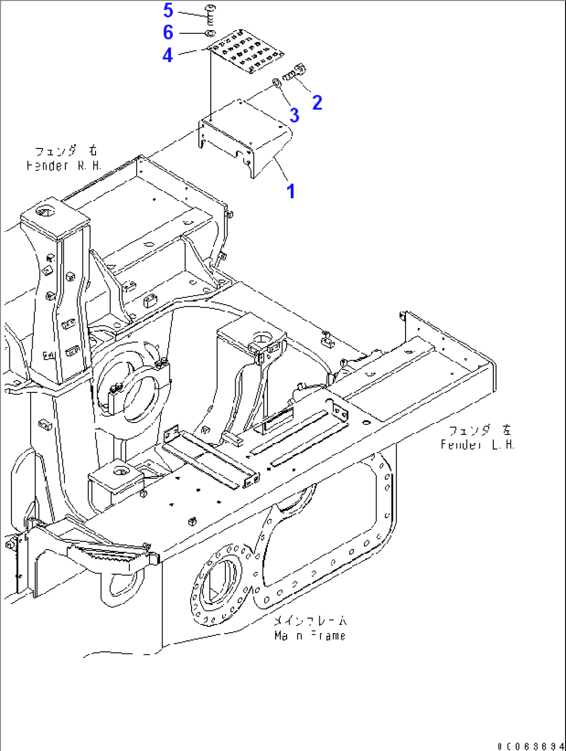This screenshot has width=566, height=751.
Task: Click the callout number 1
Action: (291, 191)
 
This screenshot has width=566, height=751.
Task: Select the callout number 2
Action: (317, 102)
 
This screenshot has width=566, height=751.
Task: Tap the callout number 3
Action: (294, 115)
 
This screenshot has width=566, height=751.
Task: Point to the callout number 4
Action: (167, 55)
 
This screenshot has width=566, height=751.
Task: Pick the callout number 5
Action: (168, 10)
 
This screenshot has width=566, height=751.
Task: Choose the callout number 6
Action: (168, 33)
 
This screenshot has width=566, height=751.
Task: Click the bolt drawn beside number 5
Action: (210, 14)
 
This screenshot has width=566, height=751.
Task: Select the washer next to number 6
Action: (209, 34)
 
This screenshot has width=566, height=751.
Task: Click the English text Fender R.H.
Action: (63, 166)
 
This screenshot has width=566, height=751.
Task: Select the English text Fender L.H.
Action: (477, 445)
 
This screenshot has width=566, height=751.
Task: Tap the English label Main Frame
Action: (309, 635)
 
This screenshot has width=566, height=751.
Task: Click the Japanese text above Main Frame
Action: (310, 621)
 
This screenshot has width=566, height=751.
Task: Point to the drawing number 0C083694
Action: (530, 746)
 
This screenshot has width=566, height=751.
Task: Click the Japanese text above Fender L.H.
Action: (479, 430)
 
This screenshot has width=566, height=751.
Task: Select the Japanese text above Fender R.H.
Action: (66, 152)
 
